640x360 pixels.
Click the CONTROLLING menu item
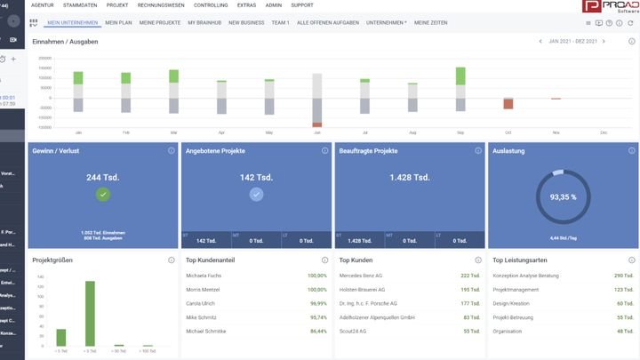210,5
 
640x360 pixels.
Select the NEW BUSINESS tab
246,22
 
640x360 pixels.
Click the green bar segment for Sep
460,76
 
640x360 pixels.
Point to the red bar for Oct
508,104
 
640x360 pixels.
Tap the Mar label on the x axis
173,132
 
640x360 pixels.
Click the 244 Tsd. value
103,177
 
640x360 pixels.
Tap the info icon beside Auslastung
632,151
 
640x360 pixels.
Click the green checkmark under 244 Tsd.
103,195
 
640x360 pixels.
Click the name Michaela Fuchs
204,276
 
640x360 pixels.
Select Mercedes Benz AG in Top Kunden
362,276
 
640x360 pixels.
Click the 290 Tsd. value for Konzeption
623,276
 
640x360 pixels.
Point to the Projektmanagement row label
516,289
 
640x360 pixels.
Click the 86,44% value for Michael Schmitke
316,330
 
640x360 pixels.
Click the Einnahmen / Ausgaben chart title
65,42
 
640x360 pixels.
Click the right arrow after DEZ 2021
604,42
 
